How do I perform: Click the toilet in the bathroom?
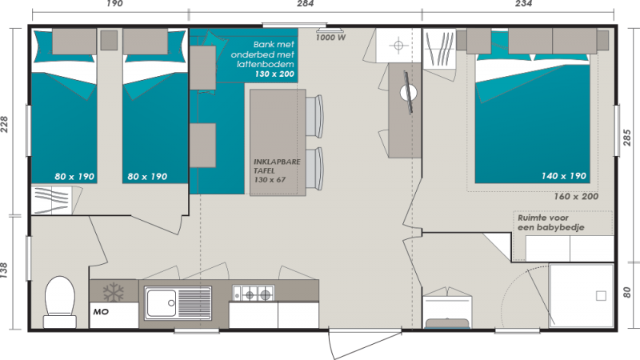[60, 302]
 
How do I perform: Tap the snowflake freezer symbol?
[113, 292]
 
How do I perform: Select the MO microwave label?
[101, 312]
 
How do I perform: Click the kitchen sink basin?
[162, 303]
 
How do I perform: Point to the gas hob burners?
[254, 294]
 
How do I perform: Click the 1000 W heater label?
[330, 38]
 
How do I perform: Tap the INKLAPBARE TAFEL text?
[277, 166]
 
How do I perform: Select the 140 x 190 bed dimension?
[564, 176]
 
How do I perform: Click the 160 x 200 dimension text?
[576, 196]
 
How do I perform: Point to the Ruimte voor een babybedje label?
[551, 222]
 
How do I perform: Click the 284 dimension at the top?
[306, 4]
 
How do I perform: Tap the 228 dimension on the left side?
[4, 124]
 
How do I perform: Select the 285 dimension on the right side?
[627, 138]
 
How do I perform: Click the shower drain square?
[601, 295]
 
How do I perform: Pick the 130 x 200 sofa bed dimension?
[274, 74]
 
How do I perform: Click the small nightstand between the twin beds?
[109, 41]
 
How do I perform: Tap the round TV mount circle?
[408, 93]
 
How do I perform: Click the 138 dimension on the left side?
[4, 270]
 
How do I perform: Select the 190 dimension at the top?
[114, 4]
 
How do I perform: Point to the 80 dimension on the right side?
[627, 292]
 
